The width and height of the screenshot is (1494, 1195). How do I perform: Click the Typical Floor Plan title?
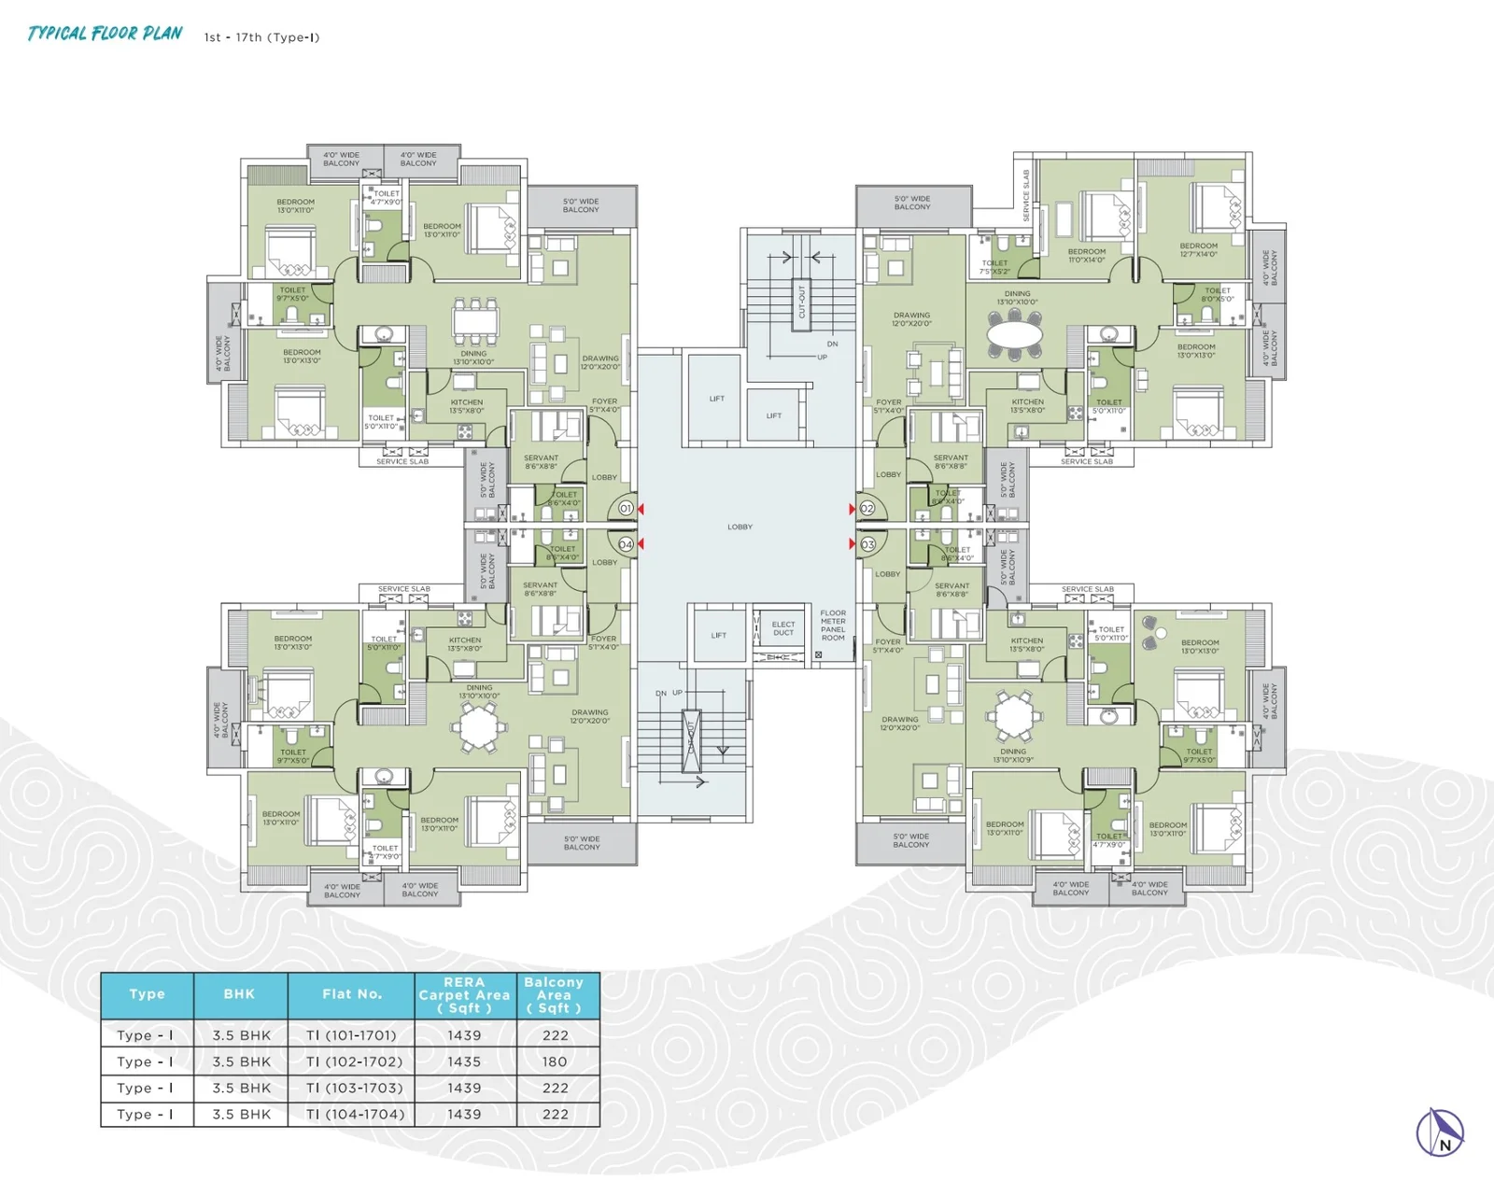tap(105, 34)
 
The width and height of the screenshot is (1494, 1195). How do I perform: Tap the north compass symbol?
tap(1440, 1132)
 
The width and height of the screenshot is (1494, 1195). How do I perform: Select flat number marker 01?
tap(626, 509)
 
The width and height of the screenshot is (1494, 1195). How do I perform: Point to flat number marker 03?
tap(867, 544)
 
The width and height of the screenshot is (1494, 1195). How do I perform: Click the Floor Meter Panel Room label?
tap(833, 626)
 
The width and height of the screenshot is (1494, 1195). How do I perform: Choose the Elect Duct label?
tap(783, 628)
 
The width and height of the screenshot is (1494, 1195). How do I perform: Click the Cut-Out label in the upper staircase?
tap(800, 302)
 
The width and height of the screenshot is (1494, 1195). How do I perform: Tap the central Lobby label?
tap(740, 527)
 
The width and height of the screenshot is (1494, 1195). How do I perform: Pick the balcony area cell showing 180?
tap(555, 1061)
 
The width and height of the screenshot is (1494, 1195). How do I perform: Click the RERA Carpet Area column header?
tap(464, 995)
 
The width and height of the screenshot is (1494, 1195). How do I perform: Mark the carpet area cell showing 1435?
tap(464, 1061)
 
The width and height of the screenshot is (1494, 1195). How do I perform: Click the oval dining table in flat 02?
tap(1015, 334)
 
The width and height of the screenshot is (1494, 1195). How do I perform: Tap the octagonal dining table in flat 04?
tap(477, 726)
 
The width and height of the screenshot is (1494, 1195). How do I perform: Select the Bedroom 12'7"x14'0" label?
tap(1198, 250)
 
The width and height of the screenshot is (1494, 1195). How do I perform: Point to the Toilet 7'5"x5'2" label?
tap(994, 267)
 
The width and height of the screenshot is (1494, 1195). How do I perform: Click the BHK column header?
tap(239, 994)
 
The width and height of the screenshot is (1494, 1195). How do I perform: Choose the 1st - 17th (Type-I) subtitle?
tap(261, 37)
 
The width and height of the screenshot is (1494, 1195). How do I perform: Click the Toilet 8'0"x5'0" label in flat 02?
tap(1217, 295)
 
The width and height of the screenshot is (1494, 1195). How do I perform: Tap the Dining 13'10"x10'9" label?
tap(1013, 755)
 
